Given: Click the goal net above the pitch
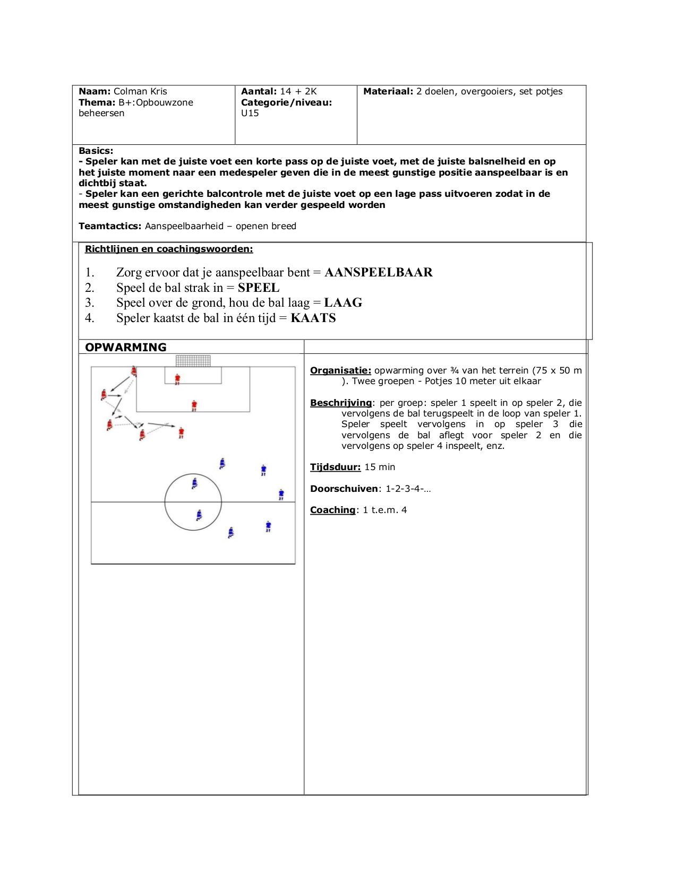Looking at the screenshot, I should (x=193, y=361).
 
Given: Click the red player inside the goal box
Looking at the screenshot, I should (x=177, y=379).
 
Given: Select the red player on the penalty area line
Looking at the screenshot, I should (x=194, y=406).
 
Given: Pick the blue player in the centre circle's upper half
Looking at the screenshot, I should (x=195, y=483).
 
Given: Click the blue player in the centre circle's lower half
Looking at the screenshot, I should (x=199, y=515).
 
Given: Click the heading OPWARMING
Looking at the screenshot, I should (x=126, y=347).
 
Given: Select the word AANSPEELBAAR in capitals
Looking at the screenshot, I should (x=378, y=272).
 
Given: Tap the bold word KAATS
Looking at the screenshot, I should (x=313, y=318).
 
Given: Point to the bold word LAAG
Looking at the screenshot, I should (x=343, y=302).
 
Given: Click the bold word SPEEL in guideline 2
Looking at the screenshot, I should (x=259, y=288).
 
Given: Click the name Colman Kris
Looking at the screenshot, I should (x=140, y=91).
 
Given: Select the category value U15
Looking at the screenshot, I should (x=250, y=113).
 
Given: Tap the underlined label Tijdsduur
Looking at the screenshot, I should (x=335, y=467).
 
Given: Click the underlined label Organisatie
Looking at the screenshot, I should (x=340, y=370).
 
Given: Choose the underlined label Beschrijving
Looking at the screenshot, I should (x=341, y=403).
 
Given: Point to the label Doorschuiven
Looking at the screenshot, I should (x=344, y=489).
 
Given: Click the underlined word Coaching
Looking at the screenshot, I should (x=332, y=510).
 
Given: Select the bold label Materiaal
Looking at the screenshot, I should (x=388, y=91).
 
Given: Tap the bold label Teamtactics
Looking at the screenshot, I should (x=110, y=226).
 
